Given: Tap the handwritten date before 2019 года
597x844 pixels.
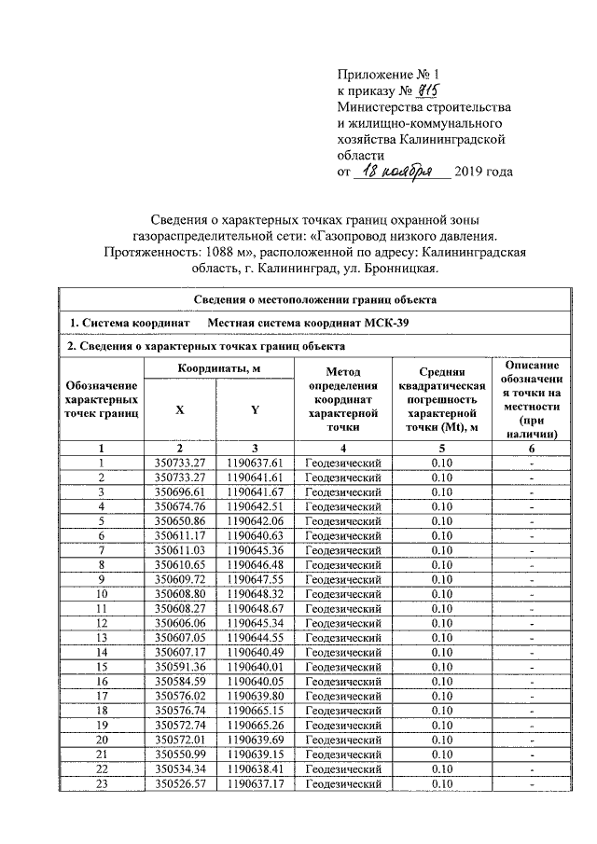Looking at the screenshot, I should (x=396, y=172).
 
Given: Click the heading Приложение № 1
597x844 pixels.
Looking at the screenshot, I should (x=378, y=72).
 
